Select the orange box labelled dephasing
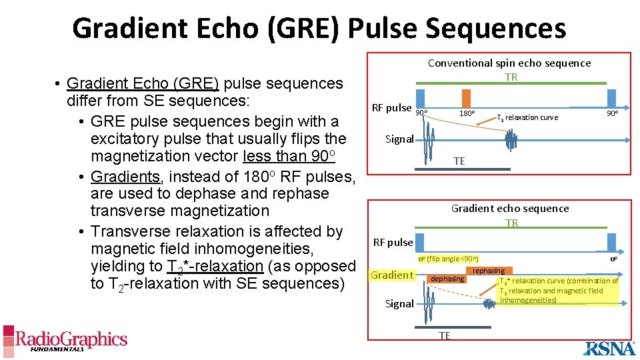pos(447,279)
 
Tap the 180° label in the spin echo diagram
pos(467,113)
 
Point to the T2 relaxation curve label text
pos(527,117)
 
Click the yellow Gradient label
pos(392,275)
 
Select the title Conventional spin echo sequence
pos(509,63)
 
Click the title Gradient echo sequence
pos(510,208)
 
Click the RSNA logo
pos(611,347)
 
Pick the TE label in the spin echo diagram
pos(459,161)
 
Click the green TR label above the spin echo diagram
pos(511,77)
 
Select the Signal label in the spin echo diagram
pos(399,139)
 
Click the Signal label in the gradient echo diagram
pos(399,303)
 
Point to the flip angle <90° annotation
pos(448,259)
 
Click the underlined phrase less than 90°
pos(289,156)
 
